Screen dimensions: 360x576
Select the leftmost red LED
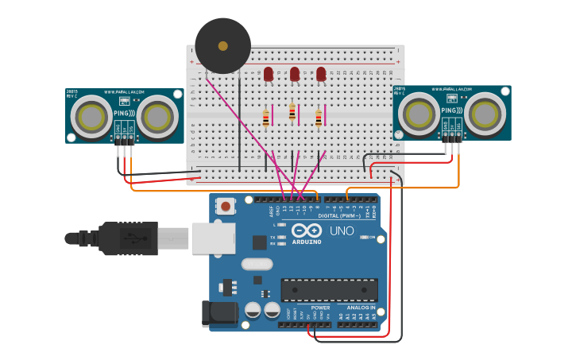click(269, 74)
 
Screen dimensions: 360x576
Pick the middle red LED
click(295, 74)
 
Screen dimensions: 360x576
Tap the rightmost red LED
click(321, 74)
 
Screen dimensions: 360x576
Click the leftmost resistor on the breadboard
click(265, 118)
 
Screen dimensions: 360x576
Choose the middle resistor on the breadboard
click(292, 113)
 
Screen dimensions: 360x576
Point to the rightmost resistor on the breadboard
click(319, 118)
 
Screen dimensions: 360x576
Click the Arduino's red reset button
click(226, 207)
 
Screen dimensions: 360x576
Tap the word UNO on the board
click(342, 231)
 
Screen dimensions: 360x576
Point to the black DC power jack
click(219, 313)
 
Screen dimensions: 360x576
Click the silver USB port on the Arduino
click(213, 238)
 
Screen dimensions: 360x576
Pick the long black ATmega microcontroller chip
click(329, 290)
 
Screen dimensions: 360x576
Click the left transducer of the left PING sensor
click(91, 116)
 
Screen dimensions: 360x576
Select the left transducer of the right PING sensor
click(418, 114)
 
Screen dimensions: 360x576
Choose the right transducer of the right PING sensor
click(485, 113)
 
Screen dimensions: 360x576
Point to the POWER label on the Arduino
click(320, 308)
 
